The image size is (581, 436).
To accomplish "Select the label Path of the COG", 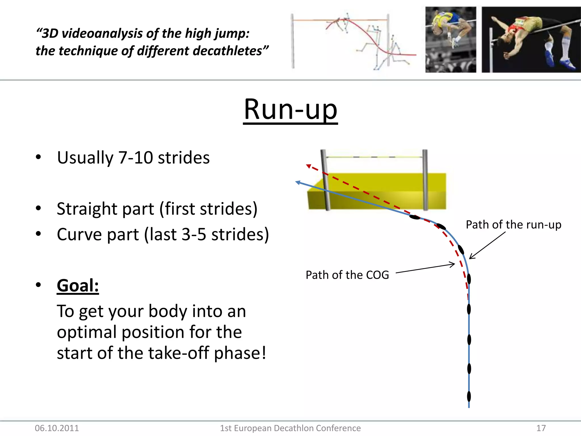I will coord(347,275).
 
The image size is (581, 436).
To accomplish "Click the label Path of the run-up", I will coord(513,225).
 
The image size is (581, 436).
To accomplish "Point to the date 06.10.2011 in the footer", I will coord(57,428).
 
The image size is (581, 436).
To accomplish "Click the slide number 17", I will coord(541,428).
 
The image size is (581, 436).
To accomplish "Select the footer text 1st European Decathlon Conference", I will coord(290,428).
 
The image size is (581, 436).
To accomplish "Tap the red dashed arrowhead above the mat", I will coord(309,166).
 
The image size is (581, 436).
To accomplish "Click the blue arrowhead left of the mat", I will coord(298,182).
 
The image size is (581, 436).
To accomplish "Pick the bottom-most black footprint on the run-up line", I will coord(469,396).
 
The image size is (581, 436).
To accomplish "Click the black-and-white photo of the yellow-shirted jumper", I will coord(451,40).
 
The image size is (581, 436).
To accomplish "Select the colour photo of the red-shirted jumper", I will coord(531,40).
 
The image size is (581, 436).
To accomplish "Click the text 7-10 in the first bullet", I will coord(135,158).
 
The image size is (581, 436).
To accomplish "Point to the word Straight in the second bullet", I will coord(87,209).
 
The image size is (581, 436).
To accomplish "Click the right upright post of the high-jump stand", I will coord(425,180).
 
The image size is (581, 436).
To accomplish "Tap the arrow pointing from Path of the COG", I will coord(426,268).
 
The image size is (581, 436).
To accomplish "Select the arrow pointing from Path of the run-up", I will coord(487,245).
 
